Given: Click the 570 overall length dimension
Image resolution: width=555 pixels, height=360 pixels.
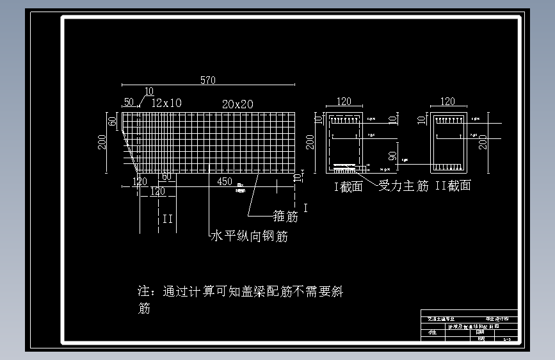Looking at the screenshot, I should click(x=208, y=80).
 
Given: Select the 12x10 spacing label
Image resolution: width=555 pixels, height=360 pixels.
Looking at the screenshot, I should click(x=166, y=102).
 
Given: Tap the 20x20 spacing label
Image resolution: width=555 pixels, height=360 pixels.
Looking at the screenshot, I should click(x=237, y=104).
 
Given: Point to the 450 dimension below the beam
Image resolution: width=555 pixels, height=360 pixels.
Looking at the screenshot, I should click(x=225, y=181).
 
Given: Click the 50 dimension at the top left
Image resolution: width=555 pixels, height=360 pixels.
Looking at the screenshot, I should click(x=129, y=102).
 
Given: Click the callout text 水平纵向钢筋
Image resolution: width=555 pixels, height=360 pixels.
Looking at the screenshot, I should click(x=249, y=236).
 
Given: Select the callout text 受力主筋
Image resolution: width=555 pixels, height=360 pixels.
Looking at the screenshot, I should click(x=404, y=186).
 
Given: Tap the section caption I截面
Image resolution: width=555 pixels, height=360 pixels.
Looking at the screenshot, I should click(x=348, y=186).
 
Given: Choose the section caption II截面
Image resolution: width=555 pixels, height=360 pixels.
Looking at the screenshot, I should click(x=453, y=186).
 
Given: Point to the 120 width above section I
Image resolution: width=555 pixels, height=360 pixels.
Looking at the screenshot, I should click(x=344, y=101).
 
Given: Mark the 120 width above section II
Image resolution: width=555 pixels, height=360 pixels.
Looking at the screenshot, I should click(x=448, y=101).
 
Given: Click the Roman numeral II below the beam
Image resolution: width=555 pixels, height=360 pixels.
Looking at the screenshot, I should click(x=168, y=219).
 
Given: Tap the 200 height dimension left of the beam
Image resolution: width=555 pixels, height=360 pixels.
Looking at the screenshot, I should click(x=102, y=141).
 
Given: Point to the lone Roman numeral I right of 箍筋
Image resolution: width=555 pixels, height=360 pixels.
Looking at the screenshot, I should click(x=305, y=208).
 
